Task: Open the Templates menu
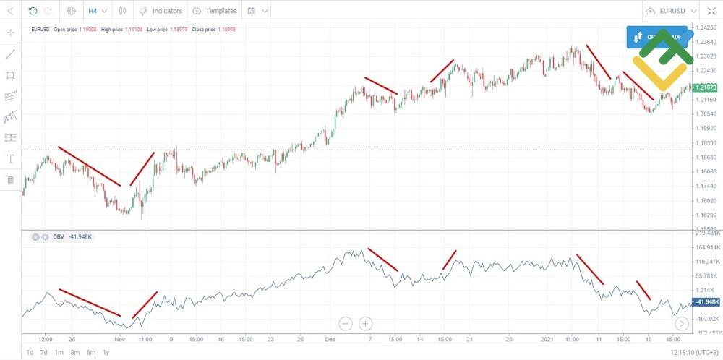click(x=215, y=11)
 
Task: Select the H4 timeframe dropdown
click(x=97, y=11)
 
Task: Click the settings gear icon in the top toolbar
click(x=71, y=11)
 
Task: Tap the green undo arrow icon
click(x=33, y=11)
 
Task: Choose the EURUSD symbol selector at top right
click(x=672, y=11)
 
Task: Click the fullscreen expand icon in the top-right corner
click(x=711, y=11)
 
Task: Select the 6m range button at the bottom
click(x=90, y=353)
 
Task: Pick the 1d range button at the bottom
click(x=30, y=353)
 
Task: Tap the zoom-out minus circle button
click(x=346, y=323)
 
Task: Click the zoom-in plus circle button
click(x=366, y=323)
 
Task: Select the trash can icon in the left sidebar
click(x=11, y=179)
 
